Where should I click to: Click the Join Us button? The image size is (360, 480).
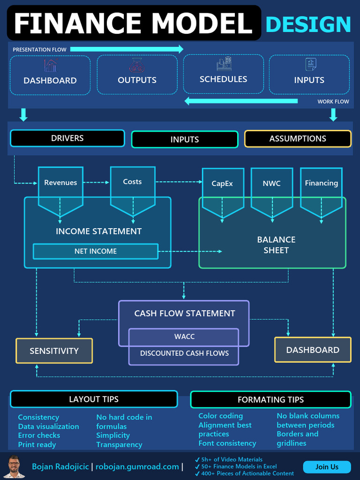tap(327, 467)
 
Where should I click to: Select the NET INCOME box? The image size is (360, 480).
tap(96, 251)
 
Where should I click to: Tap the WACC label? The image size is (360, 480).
tap(184, 337)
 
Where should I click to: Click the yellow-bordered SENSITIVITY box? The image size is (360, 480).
tap(54, 351)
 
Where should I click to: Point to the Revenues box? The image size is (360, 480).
tap(60, 183)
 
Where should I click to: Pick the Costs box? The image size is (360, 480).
tap(132, 182)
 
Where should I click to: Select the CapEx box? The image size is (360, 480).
tap(222, 184)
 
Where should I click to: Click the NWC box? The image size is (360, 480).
tap(272, 183)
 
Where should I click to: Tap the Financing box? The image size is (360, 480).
tap(321, 183)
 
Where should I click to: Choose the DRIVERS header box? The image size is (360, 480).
tap(67, 138)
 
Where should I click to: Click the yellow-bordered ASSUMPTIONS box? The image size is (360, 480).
tap(298, 139)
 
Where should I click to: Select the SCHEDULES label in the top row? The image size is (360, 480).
tap(223, 79)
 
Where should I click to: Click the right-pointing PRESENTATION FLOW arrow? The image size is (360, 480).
tap(127, 49)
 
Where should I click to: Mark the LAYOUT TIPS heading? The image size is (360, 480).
tap(94, 399)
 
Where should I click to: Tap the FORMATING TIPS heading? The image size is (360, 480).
tap(270, 400)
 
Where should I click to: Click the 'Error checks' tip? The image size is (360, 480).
tap(39, 435)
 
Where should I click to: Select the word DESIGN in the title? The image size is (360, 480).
tap(308, 24)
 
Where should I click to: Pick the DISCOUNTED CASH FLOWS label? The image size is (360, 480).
tap(184, 353)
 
